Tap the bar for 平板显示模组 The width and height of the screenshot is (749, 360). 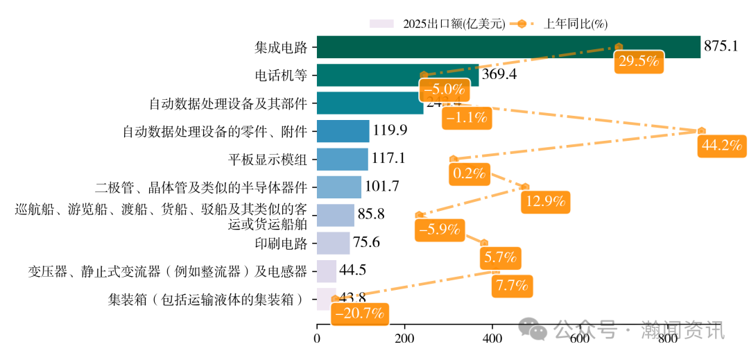(x=343, y=159)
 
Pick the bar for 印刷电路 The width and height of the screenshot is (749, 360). (x=333, y=243)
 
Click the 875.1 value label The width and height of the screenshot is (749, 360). (x=721, y=46)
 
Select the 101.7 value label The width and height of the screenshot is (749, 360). (x=382, y=187)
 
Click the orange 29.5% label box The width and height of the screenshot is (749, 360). (x=638, y=61)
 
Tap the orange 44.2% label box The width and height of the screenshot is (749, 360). (x=722, y=146)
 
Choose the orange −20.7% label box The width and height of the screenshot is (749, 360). (x=359, y=314)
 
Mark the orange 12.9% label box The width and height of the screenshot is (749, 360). (x=546, y=202)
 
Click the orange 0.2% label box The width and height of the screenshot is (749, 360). (x=469, y=173)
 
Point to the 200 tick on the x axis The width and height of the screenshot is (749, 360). (x=404, y=339)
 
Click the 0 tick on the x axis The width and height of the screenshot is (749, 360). (x=317, y=339)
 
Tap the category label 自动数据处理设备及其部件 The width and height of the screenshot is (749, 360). (x=228, y=103)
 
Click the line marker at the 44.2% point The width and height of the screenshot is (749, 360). (x=702, y=130)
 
